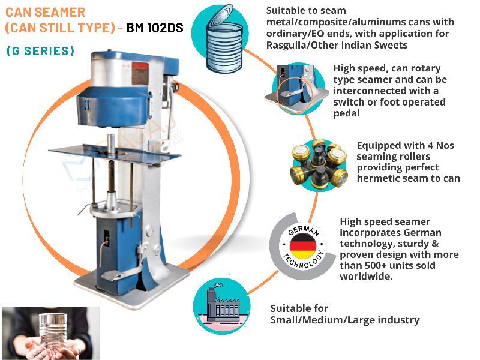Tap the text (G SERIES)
[40, 52]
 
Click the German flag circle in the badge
[303, 245]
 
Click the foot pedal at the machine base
[120, 275]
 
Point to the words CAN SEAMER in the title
[45, 12]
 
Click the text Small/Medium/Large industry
[344, 320]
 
